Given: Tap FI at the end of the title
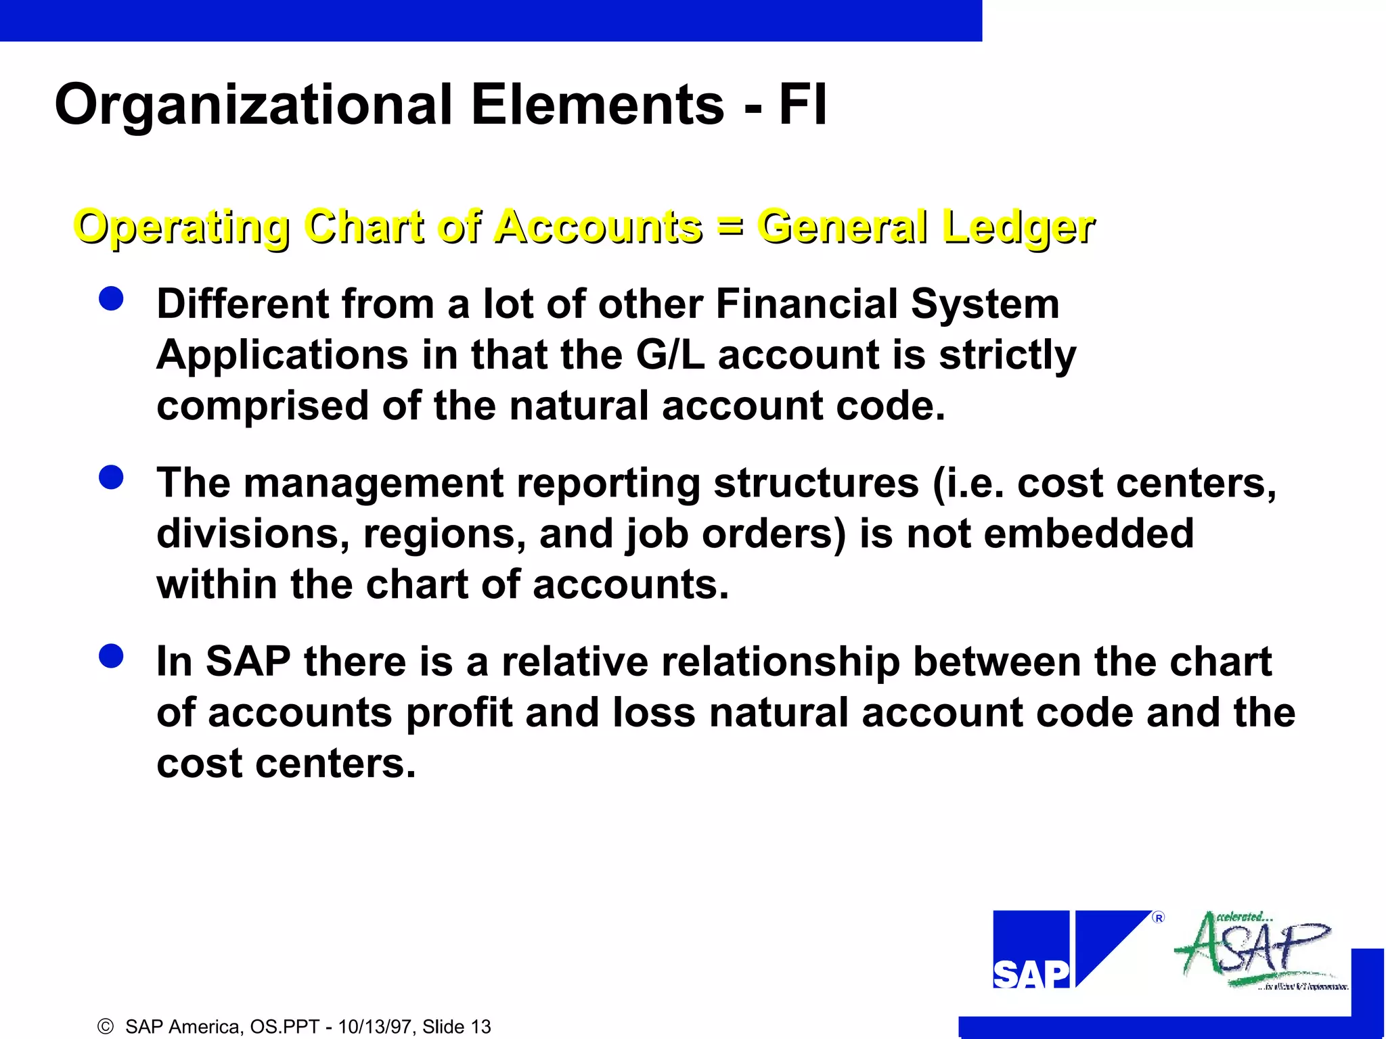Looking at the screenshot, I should pyautogui.click(x=803, y=104).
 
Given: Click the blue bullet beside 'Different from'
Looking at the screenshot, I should pyautogui.click(x=111, y=298).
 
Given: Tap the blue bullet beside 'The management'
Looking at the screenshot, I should pyautogui.click(x=111, y=478).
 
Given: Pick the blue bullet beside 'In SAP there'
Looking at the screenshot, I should pyautogui.click(x=111, y=655).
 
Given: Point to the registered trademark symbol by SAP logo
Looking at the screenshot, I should pyautogui.click(x=1159, y=918).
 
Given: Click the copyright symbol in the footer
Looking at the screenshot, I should pyautogui.click(x=106, y=1027).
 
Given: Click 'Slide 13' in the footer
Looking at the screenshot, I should pyautogui.click(x=457, y=1027).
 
